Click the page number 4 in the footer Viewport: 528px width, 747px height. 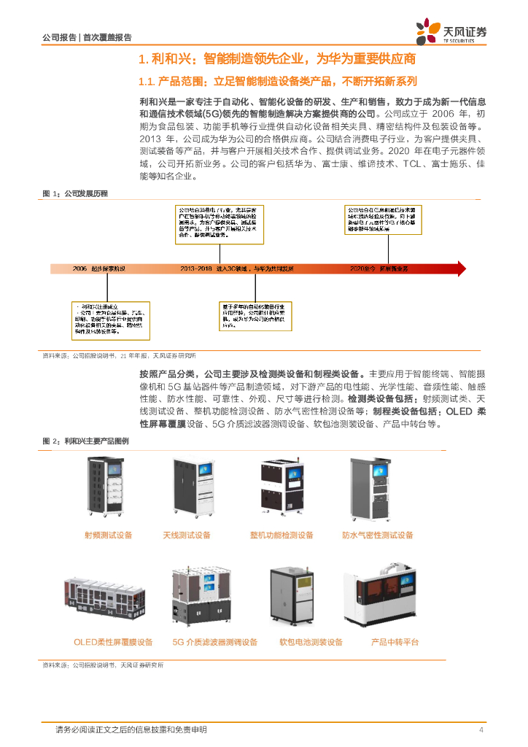coord(481,730)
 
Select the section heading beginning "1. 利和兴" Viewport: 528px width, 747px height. coord(277,58)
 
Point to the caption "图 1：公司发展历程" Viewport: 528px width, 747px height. coord(75,193)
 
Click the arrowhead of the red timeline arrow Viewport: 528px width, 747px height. coord(459,268)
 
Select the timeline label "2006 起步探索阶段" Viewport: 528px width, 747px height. coord(100,269)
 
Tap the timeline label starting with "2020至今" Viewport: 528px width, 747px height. coord(379,269)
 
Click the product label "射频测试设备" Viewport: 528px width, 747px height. coord(109,535)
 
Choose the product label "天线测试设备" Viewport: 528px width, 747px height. coord(186,535)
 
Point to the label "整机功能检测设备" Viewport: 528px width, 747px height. coord(282,535)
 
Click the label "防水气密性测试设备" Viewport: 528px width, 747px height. coord(378,535)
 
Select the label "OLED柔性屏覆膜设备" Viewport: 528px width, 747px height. coord(113,643)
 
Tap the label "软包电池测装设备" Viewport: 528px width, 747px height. coord(311,643)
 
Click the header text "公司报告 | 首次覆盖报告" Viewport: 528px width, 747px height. coord(88,37)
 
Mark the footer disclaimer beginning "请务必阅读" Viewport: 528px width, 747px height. coord(131,730)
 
